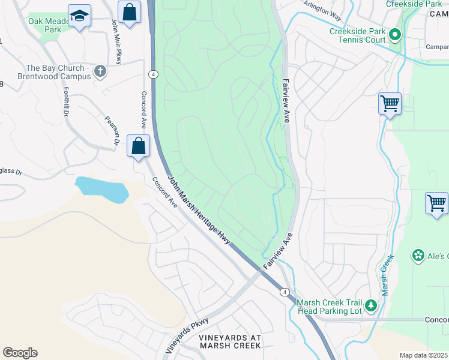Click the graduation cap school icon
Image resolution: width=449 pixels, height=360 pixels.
pyautogui.click(x=79, y=16)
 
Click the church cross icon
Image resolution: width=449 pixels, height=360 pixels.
pyautogui.click(x=100, y=72)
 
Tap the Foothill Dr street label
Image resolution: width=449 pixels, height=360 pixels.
pyautogui.click(x=65, y=101)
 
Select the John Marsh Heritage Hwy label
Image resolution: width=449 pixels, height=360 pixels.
pyautogui.click(x=199, y=210)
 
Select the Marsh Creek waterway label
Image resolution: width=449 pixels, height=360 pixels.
pyautogui.click(x=387, y=275)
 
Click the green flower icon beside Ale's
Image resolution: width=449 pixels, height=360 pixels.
pyautogui.click(x=418, y=256)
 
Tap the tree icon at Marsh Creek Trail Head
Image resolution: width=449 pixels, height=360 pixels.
pyautogui.click(x=371, y=306)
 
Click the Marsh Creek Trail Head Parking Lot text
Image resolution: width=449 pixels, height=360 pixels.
pyautogui.click(x=330, y=306)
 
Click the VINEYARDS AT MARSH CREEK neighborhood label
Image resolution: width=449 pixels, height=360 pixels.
pyautogui.click(x=231, y=341)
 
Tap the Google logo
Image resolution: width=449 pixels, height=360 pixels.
pyautogui.click(x=20, y=352)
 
